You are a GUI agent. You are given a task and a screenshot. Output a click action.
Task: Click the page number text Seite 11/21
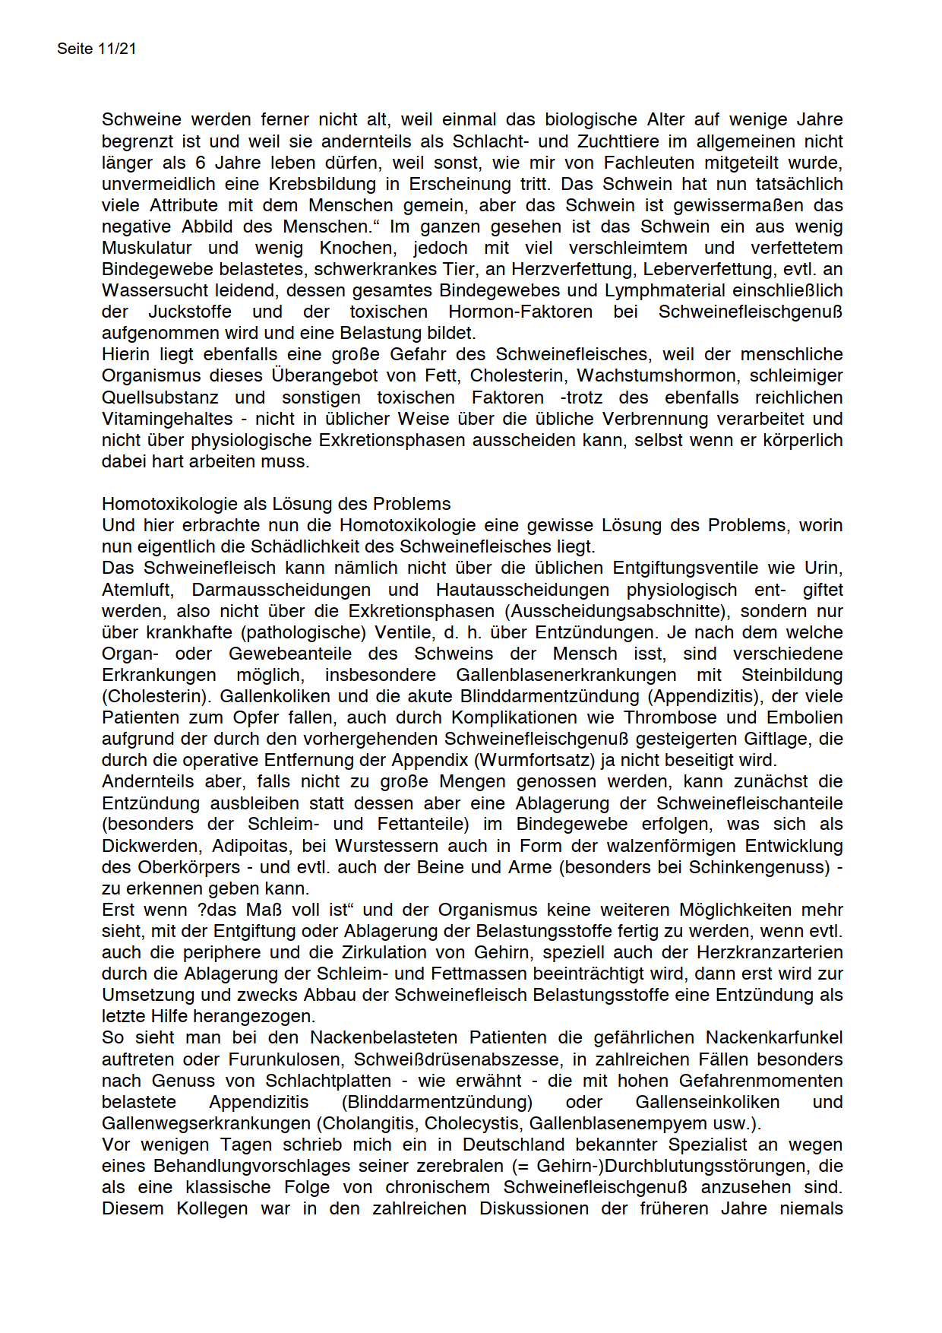(96, 49)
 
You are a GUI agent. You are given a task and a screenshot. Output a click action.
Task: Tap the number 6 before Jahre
(200, 163)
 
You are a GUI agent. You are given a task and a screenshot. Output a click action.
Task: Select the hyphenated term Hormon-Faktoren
(520, 312)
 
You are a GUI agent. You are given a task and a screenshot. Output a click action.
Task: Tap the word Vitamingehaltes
(167, 419)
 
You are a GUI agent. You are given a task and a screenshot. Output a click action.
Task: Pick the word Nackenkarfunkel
(774, 1037)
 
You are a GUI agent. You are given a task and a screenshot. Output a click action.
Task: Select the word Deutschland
(514, 1145)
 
